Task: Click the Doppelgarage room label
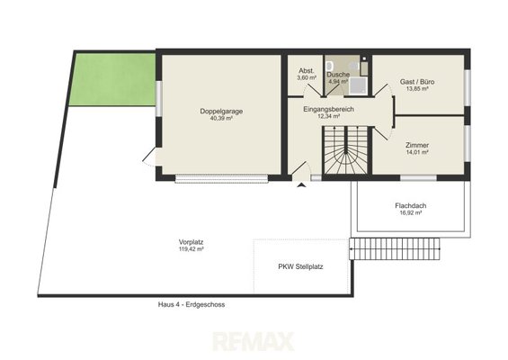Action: pos(221,112)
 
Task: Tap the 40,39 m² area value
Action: pos(221,119)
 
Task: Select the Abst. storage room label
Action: pos(307,71)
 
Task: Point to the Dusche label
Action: pos(338,75)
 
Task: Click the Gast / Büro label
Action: pos(417,82)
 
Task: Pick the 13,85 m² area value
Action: pos(417,88)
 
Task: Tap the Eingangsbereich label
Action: pos(328,109)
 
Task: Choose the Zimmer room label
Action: pos(417,145)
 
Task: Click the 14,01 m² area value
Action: pos(417,152)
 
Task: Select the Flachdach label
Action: pos(411,205)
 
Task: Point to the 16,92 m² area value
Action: pos(411,212)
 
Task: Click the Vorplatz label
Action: pos(192,242)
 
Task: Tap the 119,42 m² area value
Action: pos(192,249)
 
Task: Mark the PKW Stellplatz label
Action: pos(300,266)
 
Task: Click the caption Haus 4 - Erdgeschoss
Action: pos(192,304)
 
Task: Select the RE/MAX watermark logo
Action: pos(254,341)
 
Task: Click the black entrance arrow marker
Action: pos(301,184)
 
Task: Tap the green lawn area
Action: pos(112,79)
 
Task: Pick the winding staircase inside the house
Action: pos(346,150)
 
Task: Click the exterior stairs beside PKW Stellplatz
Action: pos(395,248)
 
